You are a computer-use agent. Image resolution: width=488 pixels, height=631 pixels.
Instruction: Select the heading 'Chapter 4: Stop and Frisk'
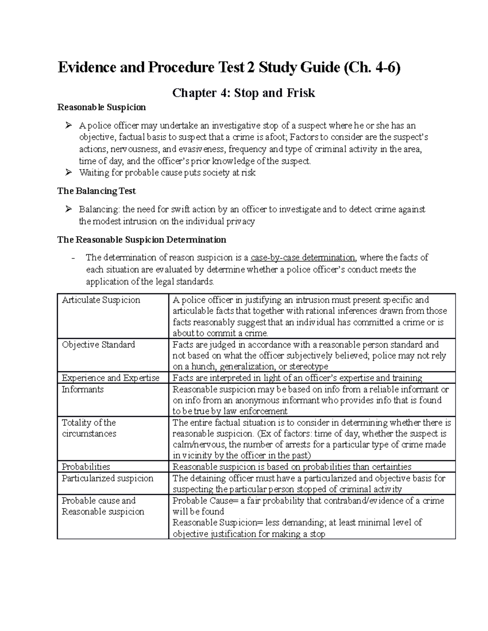(244, 93)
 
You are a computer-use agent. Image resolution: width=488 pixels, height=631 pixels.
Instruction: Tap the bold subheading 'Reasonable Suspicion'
(101, 107)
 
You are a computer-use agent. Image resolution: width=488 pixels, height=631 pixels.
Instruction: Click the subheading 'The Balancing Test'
(96, 191)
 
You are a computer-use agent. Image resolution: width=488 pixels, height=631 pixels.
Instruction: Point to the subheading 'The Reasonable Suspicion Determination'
(142, 240)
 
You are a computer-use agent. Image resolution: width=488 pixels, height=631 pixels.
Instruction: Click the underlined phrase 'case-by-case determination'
(303, 258)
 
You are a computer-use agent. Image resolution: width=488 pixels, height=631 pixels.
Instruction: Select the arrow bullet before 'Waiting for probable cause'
(68, 173)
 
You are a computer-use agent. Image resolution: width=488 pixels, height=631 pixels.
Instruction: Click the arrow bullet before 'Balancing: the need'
(68, 209)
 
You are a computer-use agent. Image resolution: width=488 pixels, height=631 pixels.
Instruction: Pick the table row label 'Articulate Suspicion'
(101, 300)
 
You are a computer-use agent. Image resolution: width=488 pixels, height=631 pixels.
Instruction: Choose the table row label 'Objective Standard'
(98, 345)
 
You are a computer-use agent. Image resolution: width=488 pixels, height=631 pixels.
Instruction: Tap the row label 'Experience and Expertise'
(110, 378)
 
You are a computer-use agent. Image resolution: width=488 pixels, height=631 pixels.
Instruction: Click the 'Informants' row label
(83, 389)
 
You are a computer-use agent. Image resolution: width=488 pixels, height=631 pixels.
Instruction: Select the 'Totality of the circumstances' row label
(89, 428)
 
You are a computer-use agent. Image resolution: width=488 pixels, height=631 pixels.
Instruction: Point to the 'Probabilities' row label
(86, 467)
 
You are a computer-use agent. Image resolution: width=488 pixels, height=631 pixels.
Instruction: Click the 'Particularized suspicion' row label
(107, 478)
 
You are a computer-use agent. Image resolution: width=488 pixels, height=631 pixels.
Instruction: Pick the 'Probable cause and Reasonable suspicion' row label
(102, 506)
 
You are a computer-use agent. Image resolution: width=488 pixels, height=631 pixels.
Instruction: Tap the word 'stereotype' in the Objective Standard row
(309, 366)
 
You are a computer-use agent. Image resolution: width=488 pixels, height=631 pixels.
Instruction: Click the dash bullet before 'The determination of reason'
(73, 258)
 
